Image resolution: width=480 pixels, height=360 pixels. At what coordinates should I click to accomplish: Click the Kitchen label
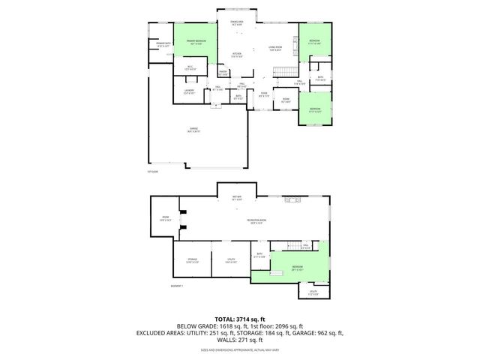point(236,55)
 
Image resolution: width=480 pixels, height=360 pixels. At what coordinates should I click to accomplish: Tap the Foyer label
point(264,95)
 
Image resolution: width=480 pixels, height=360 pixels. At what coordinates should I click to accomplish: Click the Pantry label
point(223,73)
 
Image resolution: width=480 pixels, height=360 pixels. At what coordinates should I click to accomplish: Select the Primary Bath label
point(163,45)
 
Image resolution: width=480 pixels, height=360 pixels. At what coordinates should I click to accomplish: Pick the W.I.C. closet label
point(191,68)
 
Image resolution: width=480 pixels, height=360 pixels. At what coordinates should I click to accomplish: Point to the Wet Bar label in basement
point(236,198)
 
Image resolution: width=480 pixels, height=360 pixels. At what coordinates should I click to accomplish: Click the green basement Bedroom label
point(298,267)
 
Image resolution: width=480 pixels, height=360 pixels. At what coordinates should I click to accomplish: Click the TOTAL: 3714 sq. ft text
point(239,319)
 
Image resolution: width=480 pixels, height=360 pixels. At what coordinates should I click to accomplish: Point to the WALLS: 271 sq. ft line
point(239,339)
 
